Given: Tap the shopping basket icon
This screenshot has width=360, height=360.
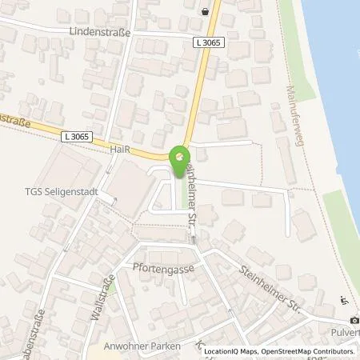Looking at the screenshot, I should pyautogui.click(x=207, y=11).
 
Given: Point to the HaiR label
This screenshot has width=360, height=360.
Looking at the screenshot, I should pyautogui.click(x=117, y=150).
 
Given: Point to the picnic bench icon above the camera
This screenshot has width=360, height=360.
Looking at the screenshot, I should pyautogui.click(x=343, y=301).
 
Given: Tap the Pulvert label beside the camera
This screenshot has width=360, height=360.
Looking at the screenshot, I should pyautogui.click(x=349, y=329).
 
